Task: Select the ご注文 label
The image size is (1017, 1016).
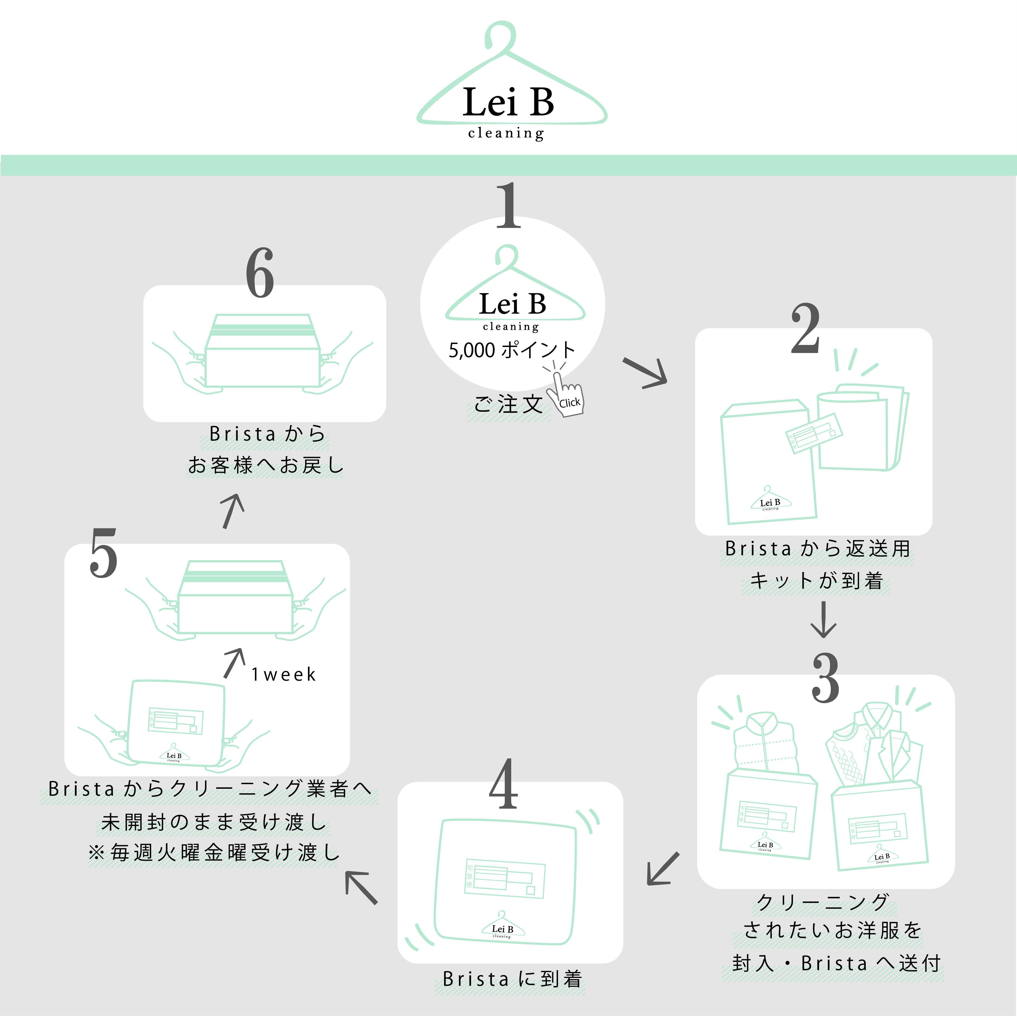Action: pos(508,404)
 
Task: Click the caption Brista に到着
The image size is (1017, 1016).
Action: pos(512,979)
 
